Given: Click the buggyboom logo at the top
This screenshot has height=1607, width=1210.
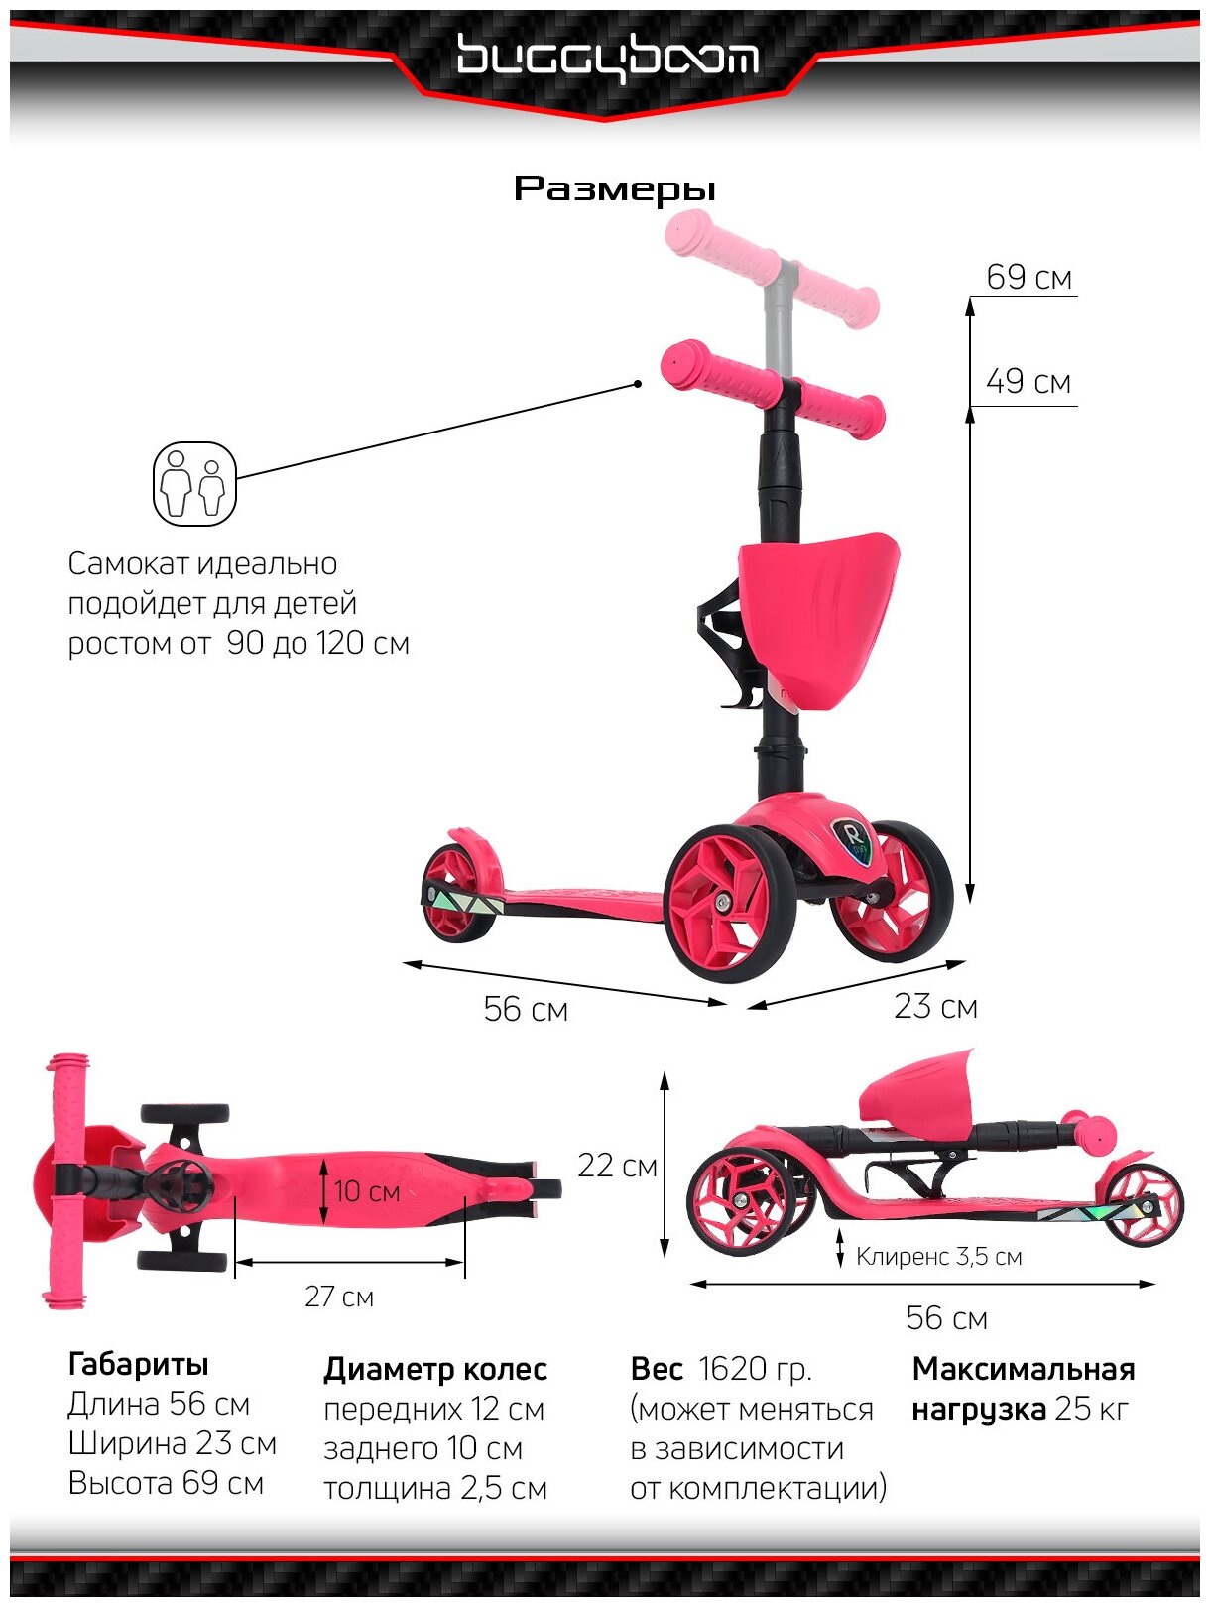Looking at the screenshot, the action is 607,58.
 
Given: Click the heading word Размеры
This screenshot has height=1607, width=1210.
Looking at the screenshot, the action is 615,188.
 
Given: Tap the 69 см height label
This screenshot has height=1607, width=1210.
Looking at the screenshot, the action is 1028,278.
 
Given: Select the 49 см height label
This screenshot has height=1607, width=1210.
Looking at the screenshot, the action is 1028,382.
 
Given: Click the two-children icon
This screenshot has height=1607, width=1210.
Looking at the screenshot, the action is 194,484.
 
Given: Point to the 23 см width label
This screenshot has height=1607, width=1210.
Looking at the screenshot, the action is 935,1007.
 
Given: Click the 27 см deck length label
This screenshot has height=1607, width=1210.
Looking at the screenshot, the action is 339,1297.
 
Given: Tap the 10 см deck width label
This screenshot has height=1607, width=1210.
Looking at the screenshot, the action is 366,1191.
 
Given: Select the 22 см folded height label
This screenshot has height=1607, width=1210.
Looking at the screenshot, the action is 617,1166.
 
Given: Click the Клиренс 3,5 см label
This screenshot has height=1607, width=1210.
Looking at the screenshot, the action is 938,1257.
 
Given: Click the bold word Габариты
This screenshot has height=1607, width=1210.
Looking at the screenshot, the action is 138,1365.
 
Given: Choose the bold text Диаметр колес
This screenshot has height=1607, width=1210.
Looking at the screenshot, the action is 435,1370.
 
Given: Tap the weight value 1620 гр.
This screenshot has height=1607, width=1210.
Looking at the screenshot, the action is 755,1369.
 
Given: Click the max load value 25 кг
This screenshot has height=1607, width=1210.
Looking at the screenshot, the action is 1092,1409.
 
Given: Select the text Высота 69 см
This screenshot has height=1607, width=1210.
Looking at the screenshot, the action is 166,1484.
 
